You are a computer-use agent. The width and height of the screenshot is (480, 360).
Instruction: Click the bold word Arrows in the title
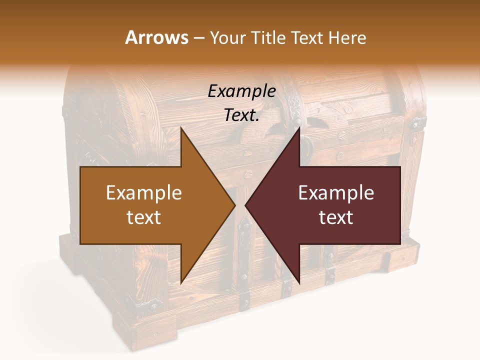[157, 37]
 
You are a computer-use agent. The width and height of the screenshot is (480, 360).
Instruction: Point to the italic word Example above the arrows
[241, 91]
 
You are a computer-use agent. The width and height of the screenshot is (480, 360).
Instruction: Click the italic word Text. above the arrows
[241, 115]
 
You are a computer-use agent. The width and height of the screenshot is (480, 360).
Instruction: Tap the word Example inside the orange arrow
[143, 193]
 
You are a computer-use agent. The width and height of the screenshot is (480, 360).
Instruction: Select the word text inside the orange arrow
[143, 217]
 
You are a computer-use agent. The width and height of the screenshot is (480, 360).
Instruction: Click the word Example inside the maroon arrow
[336, 193]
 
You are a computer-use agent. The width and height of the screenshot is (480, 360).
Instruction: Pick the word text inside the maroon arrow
[336, 217]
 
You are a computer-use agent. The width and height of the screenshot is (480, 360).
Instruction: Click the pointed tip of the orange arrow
[235, 205]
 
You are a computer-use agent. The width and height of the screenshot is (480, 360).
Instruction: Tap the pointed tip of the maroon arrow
[245, 205]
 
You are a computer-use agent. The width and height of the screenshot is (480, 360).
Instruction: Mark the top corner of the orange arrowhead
[181, 127]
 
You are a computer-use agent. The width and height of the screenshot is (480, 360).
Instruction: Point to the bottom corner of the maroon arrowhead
[299, 283]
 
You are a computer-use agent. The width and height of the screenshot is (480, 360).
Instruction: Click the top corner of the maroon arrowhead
[299, 127]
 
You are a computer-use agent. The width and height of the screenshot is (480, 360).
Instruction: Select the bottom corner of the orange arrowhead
[181, 283]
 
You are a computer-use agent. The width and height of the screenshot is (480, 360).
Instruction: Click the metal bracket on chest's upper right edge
[415, 122]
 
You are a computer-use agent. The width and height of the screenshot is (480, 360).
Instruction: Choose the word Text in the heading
[307, 37]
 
